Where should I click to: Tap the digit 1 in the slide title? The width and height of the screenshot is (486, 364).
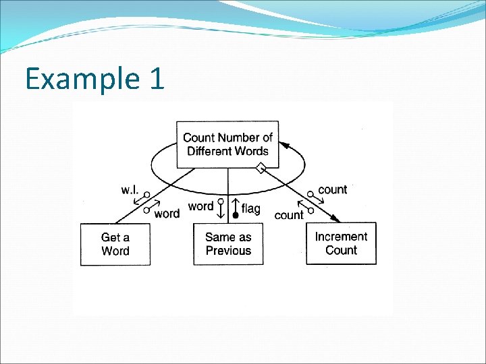pyautogui.click(x=155, y=78)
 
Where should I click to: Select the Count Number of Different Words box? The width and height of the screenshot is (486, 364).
pyautogui.click(x=227, y=144)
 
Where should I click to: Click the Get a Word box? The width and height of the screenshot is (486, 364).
pyautogui.click(x=115, y=244)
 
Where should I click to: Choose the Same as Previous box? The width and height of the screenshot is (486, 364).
pyautogui.click(x=228, y=244)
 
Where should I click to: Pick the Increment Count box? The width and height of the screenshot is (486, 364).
pyautogui.click(x=341, y=243)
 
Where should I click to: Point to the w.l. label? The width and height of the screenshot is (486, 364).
pyautogui.click(x=130, y=190)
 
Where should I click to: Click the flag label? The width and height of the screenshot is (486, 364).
pyautogui.click(x=250, y=209)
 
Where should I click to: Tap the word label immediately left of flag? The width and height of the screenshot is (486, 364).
pyautogui.click(x=201, y=206)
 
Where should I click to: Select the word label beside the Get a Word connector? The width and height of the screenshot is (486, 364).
pyautogui.click(x=167, y=214)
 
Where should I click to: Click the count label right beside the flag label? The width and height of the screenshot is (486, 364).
pyautogui.click(x=289, y=216)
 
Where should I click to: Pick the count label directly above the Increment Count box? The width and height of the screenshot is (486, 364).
pyautogui.click(x=332, y=189)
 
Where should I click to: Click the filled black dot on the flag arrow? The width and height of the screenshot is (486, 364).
pyautogui.click(x=235, y=216)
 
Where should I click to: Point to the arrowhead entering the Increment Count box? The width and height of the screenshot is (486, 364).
pyautogui.click(x=335, y=218)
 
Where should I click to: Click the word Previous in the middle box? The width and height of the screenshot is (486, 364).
pyautogui.click(x=228, y=251)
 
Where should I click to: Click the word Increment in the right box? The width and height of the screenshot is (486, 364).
pyautogui.click(x=341, y=237)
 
